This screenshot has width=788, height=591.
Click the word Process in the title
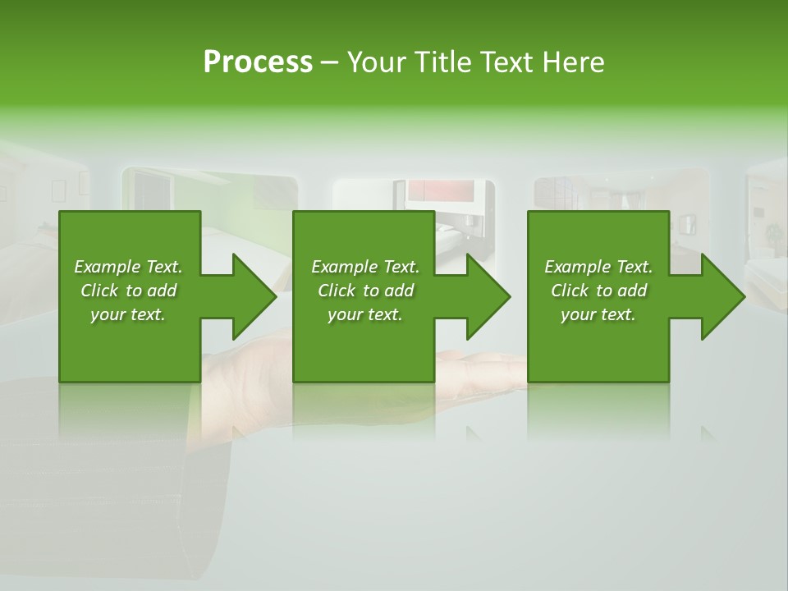coord(258,62)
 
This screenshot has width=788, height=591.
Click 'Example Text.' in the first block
coord(128,267)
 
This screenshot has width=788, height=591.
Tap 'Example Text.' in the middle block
coord(365,267)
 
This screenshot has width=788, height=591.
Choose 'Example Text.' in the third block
coord(598,267)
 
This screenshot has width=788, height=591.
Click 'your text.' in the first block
coord(128,314)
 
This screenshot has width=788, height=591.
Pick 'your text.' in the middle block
coord(365,314)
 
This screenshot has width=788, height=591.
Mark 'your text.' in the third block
coord(598,314)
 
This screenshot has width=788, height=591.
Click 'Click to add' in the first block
coord(128,291)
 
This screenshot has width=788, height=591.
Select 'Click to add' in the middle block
coord(365,291)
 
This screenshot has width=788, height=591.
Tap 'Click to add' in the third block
coord(598,291)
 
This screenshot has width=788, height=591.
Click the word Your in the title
coord(375,62)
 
